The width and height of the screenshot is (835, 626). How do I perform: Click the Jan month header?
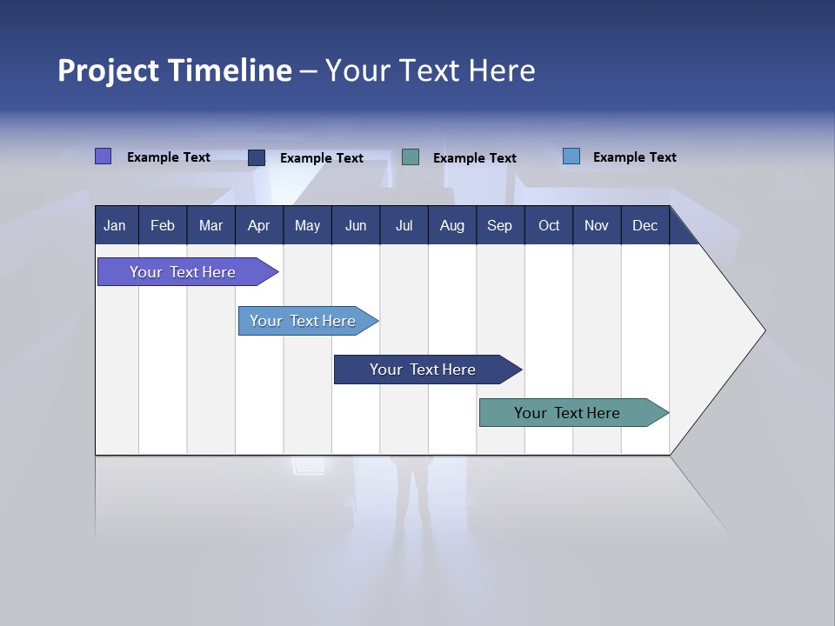click(116, 225)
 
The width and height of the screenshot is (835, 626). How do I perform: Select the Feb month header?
click(163, 225)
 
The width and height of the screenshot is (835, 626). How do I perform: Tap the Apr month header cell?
click(259, 225)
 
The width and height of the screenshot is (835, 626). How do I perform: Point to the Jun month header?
click(356, 225)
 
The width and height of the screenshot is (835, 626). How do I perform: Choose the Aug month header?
click(452, 225)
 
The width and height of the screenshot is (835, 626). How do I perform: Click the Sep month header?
click(500, 225)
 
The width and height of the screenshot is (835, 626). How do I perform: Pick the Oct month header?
click(549, 225)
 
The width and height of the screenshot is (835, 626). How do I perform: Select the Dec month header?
click(645, 225)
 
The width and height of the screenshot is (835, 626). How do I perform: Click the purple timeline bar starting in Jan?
click(183, 272)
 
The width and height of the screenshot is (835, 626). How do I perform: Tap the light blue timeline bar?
click(303, 321)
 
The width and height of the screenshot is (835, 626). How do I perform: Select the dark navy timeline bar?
click(423, 370)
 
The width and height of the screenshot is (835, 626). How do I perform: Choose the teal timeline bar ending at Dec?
click(567, 413)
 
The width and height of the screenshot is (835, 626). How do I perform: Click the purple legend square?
click(103, 156)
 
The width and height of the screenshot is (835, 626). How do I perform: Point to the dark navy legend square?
click(257, 157)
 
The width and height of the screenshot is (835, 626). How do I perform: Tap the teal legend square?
click(411, 157)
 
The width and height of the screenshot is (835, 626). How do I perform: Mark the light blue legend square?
click(571, 156)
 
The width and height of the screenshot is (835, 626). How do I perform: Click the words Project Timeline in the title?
click(175, 70)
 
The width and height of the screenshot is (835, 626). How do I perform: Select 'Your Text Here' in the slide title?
click(431, 70)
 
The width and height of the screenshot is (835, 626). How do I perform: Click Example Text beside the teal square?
click(475, 158)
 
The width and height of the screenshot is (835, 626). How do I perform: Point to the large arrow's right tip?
click(764, 330)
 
